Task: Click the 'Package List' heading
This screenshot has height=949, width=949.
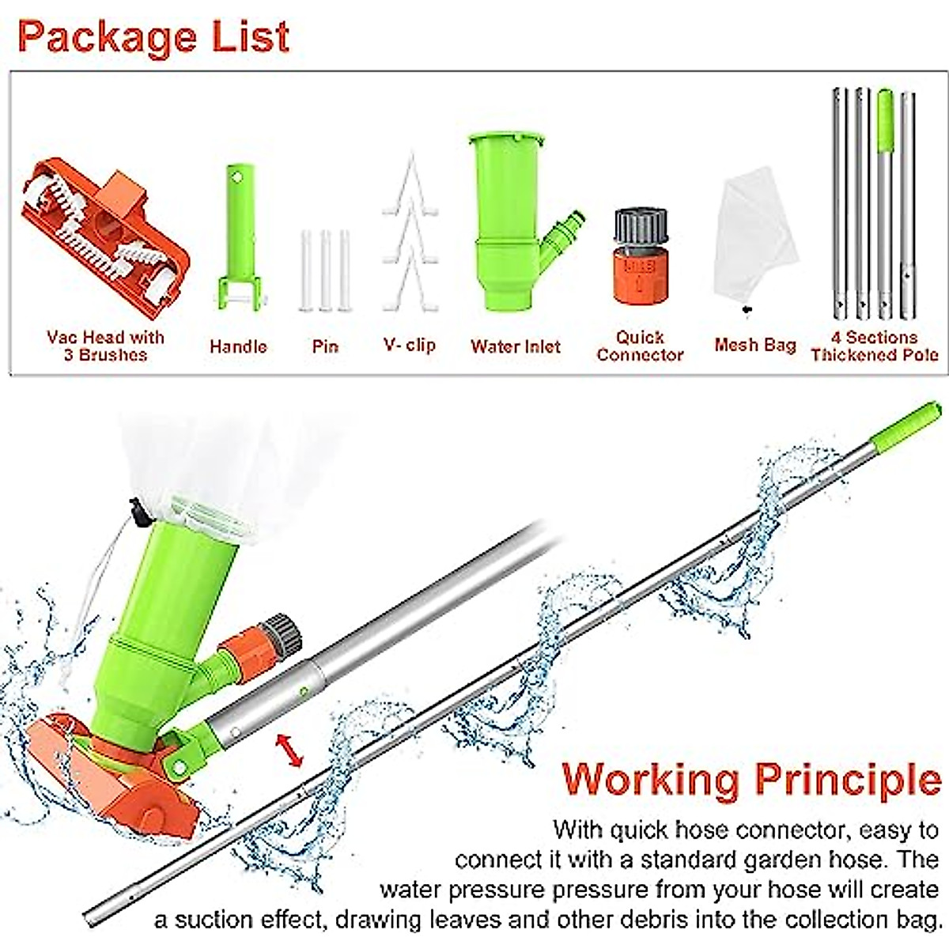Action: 154,37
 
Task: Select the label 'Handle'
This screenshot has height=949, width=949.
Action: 238,346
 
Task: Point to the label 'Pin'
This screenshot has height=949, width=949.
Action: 325,346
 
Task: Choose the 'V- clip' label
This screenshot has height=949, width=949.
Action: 410,345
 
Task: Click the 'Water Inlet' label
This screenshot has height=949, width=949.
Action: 516,346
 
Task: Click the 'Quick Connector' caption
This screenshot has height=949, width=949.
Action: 640,346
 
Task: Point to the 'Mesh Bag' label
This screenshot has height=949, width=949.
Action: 754,345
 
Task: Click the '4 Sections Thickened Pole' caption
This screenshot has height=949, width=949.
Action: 875,346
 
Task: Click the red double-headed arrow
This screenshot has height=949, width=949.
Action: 289,751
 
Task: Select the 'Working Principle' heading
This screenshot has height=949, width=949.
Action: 752,779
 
